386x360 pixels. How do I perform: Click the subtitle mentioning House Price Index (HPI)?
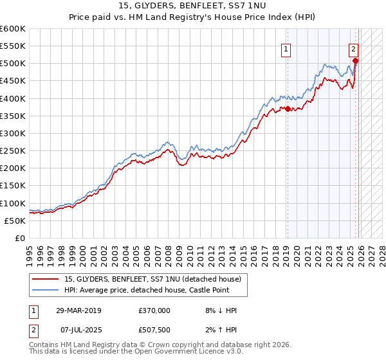(193, 17)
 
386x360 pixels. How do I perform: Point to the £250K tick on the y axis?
(13, 150)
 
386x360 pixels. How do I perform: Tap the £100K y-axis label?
(13, 203)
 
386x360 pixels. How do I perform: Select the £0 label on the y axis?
(19, 238)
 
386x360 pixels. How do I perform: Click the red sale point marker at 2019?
(288, 109)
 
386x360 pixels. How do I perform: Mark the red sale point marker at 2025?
(355, 61)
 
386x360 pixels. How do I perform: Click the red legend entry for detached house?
(152, 278)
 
